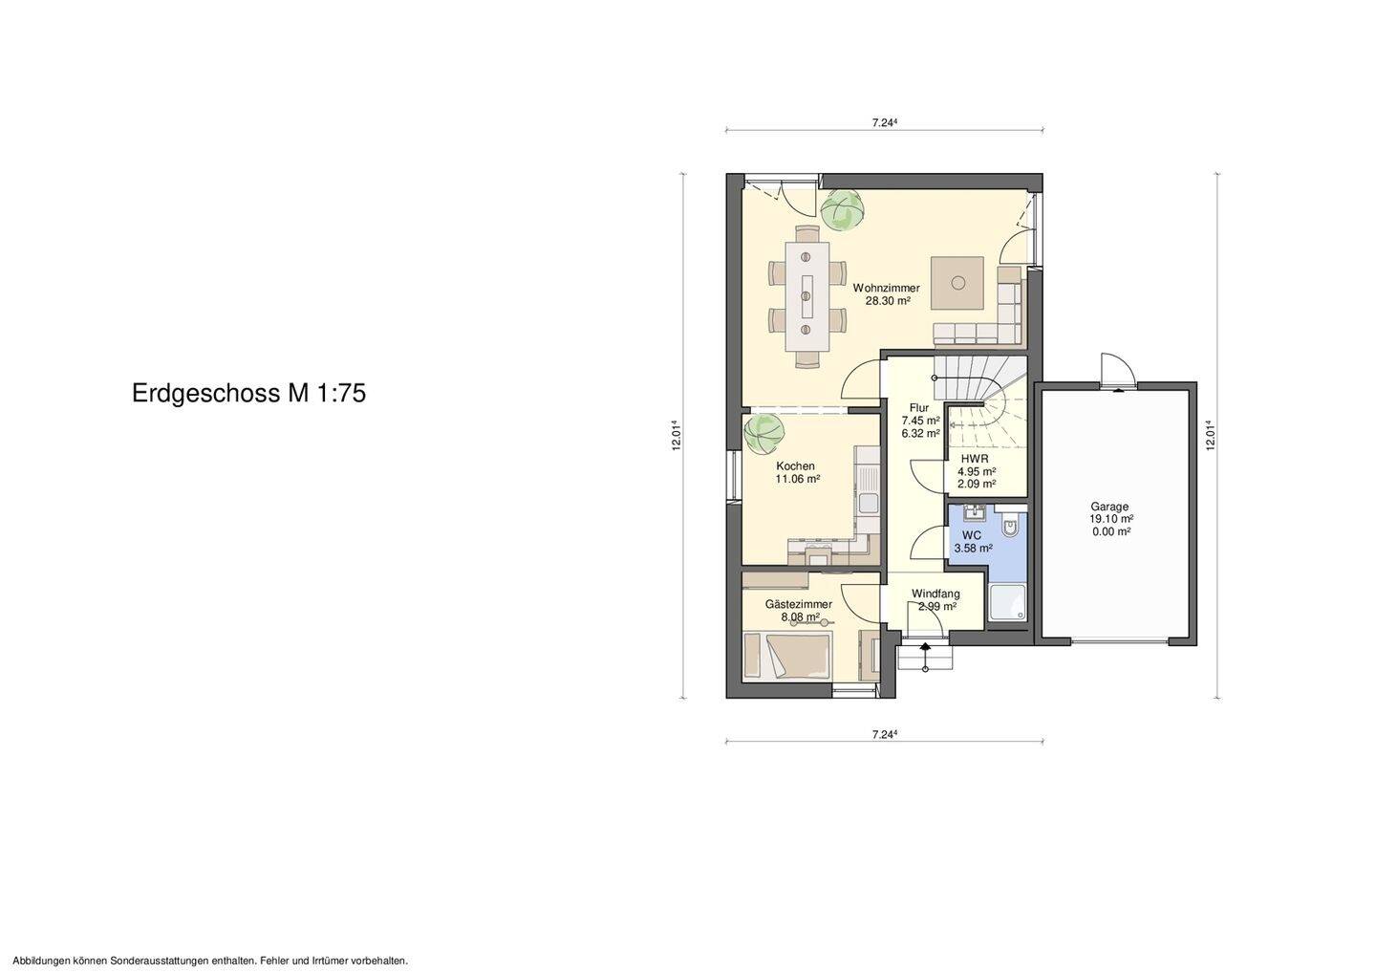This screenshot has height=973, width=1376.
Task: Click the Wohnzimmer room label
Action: pyautogui.click(x=886, y=288)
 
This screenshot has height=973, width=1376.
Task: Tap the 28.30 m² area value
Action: pyautogui.click(x=886, y=301)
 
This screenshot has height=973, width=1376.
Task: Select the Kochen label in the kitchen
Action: pyautogui.click(x=795, y=466)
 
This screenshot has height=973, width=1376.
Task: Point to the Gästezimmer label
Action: pyautogui.click(x=798, y=604)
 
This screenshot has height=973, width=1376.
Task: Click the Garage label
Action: pyautogui.click(x=1109, y=507)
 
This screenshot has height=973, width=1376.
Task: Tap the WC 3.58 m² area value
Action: pyautogui.click(x=973, y=549)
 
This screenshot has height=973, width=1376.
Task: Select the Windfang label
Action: pyautogui.click(x=935, y=594)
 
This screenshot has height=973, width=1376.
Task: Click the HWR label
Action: pyautogui.click(x=975, y=459)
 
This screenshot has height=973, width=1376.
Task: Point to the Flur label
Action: pyautogui.click(x=918, y=408)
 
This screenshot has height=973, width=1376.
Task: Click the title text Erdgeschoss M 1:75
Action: pyautogui.click(x=248, y=394)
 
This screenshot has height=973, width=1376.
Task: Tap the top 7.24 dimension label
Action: pyautogui.click(x=884, y=122)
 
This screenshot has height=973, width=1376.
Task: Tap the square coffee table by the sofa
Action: pyautogui.click(x=957, y=282)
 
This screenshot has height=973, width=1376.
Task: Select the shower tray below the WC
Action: pyautogui.click(x=1006, y=601)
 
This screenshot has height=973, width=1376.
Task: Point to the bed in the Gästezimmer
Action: pyautogui.click(x=788, y=656)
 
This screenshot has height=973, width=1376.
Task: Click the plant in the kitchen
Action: pyautogui.click(x=763, y=435)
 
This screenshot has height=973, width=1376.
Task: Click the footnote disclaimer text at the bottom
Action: pyautogui.click(x=210, y=961)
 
